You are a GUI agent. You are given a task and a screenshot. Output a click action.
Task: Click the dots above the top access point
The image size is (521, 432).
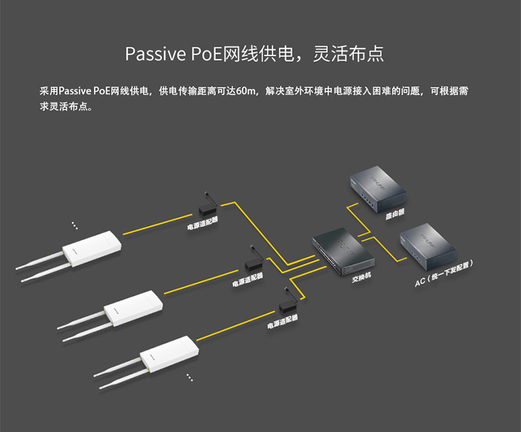(74, 225)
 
